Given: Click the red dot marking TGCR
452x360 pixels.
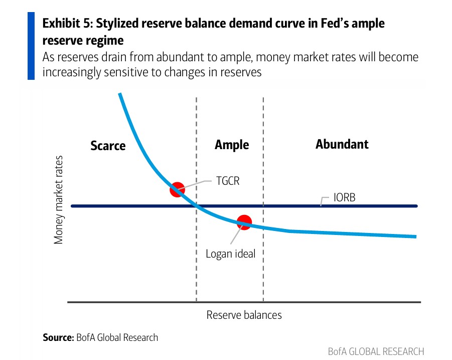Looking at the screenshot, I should click(x=177, y=190).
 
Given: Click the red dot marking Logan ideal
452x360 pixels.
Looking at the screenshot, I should click(x=244, y=222).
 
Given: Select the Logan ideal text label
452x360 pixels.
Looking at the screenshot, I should click(x=231, y=254).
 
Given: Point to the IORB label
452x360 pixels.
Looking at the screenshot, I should click(x=344, y=197).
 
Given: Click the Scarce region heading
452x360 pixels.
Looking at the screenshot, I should click(x=108, y=146).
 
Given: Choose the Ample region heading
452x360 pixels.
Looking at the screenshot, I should click(x=232, y=145).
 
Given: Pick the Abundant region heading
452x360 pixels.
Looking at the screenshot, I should click(x=342, y=144).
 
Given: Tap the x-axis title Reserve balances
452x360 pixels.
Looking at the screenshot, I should click(x=244, y=315).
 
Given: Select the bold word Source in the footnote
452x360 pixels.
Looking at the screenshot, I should click(x=57, y=337).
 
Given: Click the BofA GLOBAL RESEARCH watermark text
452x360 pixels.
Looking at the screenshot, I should click(x=376, y=351).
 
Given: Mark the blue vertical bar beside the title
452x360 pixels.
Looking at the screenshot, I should click(x=31, y=46).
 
